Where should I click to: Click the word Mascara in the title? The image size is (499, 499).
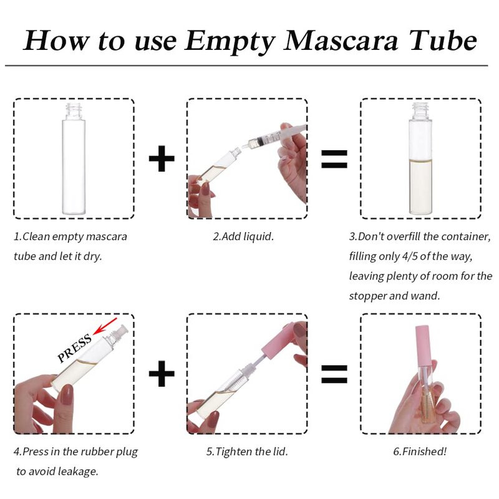coord(341,41)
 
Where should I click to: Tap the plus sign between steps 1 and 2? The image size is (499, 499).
coord(162,158)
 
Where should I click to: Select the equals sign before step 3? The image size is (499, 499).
coord(334,159)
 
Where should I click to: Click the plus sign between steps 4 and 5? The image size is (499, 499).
coord(162,373)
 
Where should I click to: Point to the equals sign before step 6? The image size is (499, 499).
coord(334,374)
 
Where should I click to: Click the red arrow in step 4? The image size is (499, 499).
coord(105,326)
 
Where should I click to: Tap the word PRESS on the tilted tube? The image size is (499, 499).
coord(74,349)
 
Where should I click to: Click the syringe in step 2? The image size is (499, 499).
coord(274,136)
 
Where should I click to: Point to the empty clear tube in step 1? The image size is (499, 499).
coord(74,158)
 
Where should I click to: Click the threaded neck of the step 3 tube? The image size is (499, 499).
coord(420,110)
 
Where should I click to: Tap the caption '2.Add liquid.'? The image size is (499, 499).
coord(243,236)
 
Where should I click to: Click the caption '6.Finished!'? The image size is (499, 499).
coord(420,451)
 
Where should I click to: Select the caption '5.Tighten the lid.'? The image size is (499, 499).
coord(247,451)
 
